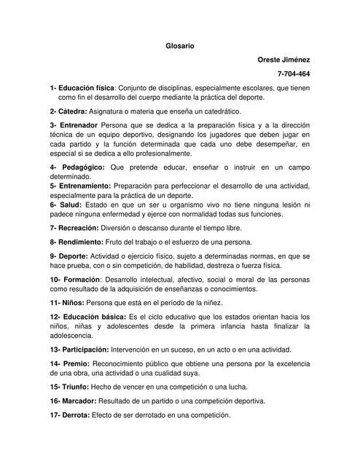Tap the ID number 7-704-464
point(294,74)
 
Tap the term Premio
point(74,363)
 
